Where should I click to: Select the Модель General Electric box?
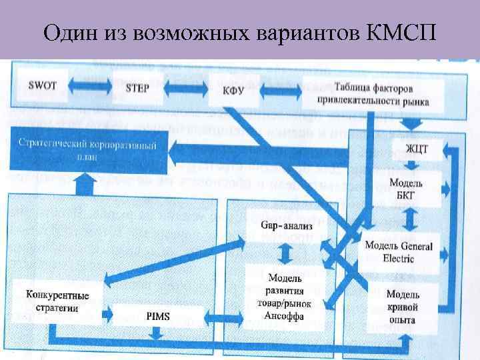[399, 252]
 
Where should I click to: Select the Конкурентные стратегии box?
[58, 301]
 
